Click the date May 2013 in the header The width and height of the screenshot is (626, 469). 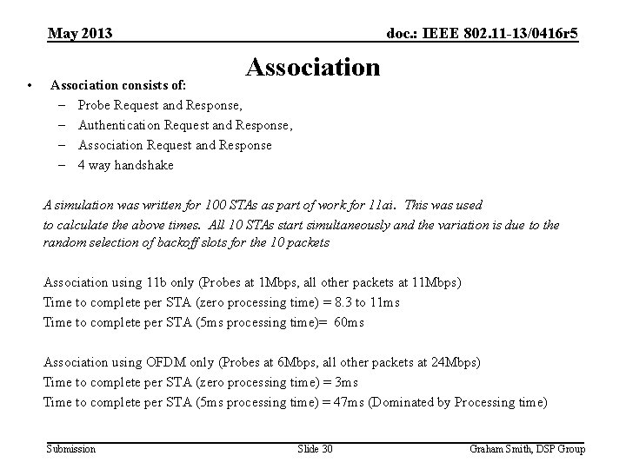pos(80,34)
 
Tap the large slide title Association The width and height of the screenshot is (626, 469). pos(313,67)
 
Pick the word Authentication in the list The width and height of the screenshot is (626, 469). pos(117,125)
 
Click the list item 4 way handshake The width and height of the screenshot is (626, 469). pos(125,165)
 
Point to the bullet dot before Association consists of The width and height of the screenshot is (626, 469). pos(30,85)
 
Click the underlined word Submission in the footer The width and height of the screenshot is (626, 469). pos(71,448)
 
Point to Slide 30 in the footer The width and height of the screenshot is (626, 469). pos(315,448)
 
